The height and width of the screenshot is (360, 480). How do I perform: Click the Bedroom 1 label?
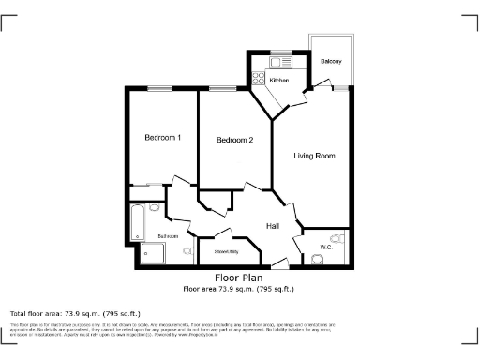(x=162, y=138)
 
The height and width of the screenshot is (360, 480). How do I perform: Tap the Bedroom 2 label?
(x=235, y=141)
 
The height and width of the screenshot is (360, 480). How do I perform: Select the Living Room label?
(x=314, y=156)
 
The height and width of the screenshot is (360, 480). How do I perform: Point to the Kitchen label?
(x=280, y=82)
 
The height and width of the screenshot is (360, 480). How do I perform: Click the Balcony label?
(x=330, y=61)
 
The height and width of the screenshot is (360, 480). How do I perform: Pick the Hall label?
(x=274, y=227)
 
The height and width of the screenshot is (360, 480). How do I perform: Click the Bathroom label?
(x=168, y=235)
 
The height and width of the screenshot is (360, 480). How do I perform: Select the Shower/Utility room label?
(x=225, y=251)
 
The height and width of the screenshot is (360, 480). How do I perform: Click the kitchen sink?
(x=277, y=62)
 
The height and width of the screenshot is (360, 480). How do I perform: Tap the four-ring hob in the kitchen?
(x=257, y=79)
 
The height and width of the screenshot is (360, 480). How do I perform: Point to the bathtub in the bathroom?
(x=138, y=219)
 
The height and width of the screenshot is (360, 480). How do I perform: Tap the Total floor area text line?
(x=75, y=313)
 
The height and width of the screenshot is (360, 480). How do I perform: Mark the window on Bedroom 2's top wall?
(x=223, y=89)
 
